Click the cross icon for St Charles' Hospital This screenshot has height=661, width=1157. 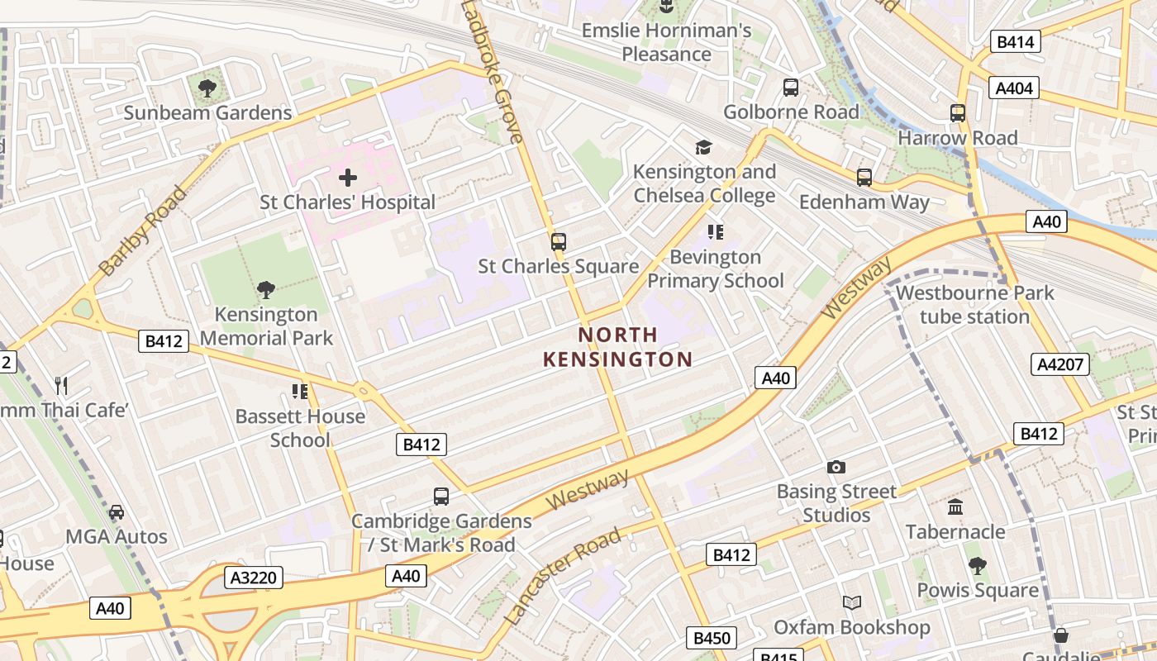coord(348,177)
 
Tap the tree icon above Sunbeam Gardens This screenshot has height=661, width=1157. coord(207,88)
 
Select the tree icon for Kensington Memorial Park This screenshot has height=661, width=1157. coord(265,289)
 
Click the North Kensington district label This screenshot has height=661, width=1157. coord(618,347)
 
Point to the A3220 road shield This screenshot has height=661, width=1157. coord(253,578)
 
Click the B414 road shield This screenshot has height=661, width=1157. coord(1016,41)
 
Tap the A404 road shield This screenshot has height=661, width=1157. coord(1015,88)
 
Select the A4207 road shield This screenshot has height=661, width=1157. coord(1061,364)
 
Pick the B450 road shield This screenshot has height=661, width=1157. coord(712,638)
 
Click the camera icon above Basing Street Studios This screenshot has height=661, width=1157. coord(836,468)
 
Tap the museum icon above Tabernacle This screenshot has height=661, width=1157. coord(955,506)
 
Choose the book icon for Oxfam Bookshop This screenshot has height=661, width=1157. coord(852,603)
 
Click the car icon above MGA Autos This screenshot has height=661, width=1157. coord(117,512)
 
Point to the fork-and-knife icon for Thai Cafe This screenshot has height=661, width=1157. coord(60,385)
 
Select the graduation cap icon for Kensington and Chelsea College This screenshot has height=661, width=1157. coord(703,147)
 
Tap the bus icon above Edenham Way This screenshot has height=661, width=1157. coord(864,177)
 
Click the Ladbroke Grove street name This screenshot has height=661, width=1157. coord(493,73)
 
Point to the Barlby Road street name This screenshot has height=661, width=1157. coord(143,231)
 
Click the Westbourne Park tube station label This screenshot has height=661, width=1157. coord(974,304)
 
